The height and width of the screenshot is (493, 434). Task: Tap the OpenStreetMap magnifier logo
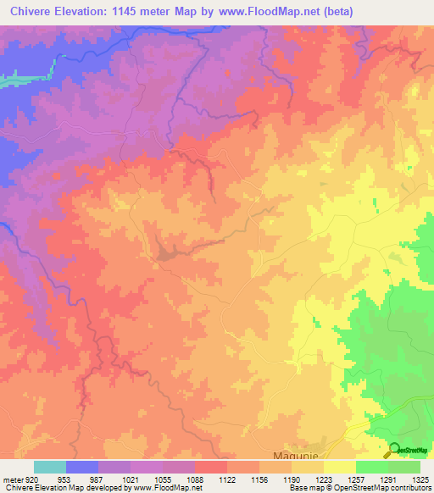[394, 450]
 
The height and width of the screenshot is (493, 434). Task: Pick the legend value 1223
[308, 479]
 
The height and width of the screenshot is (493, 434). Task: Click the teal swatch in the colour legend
[50, 467]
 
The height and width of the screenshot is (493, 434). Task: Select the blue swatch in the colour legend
[82, 467]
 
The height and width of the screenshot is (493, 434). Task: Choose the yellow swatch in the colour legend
[339, 467]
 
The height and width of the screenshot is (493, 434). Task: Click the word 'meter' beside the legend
[10, 479]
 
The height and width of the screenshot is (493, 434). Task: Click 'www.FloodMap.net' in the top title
[275, 11]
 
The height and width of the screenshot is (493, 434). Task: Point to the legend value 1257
[339, 479]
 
